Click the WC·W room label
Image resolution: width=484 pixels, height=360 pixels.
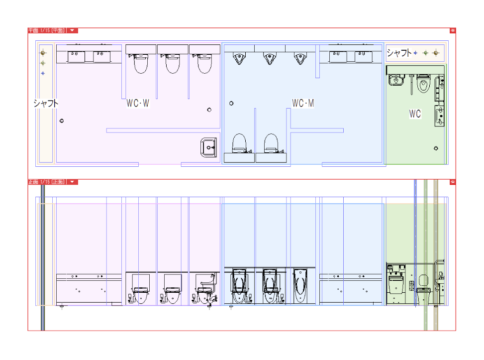pos(138,104)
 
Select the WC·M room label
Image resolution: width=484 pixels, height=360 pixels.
pos(303,104)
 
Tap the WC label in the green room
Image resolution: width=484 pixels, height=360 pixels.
pos(415,114)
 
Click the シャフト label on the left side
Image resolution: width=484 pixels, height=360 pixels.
pos(46,104)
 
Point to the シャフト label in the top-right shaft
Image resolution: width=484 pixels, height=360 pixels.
pos(399,53)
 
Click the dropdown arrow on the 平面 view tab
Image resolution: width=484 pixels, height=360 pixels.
pos(73,30)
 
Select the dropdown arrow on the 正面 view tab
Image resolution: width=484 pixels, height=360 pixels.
pos(73,182)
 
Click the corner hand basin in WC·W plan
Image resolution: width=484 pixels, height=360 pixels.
pos(209,147)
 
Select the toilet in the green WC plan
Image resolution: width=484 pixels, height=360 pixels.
pos(423,84)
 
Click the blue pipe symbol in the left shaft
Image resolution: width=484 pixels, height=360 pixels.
pos(43,73)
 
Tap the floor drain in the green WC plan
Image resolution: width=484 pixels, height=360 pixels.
pos(436,148)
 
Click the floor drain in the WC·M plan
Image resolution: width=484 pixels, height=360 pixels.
pos(231,104)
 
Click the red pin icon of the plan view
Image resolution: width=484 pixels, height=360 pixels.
pos(453,30)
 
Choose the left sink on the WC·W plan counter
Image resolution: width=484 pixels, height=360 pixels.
pos(76,56)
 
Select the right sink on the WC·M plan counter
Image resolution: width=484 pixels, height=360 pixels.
pos(364,56)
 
